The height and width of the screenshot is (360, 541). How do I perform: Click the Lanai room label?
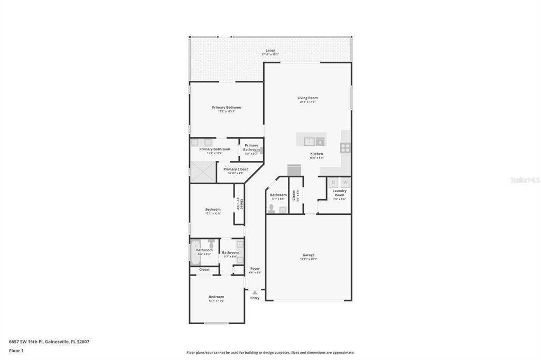270,51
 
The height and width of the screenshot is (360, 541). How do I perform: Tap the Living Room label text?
307,98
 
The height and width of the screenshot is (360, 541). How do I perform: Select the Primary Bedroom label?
226,108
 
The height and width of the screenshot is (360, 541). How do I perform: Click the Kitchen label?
316,154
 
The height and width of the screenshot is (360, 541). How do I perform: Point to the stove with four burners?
345,148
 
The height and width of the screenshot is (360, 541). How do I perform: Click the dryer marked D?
333,183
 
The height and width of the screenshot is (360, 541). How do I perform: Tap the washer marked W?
345,183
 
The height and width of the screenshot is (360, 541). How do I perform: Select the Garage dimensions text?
308,259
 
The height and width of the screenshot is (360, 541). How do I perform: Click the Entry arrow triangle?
255,292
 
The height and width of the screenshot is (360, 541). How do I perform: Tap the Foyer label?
255,269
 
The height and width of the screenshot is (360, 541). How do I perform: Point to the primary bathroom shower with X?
203,172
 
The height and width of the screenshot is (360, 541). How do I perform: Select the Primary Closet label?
235,169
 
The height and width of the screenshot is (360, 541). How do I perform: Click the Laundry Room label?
339,193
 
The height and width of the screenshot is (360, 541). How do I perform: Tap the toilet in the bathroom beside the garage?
272,209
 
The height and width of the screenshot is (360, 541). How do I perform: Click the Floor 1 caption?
16,350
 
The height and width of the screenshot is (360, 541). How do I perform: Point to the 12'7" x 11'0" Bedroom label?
216,297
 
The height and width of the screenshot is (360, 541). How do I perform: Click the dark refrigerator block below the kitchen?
294,170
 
